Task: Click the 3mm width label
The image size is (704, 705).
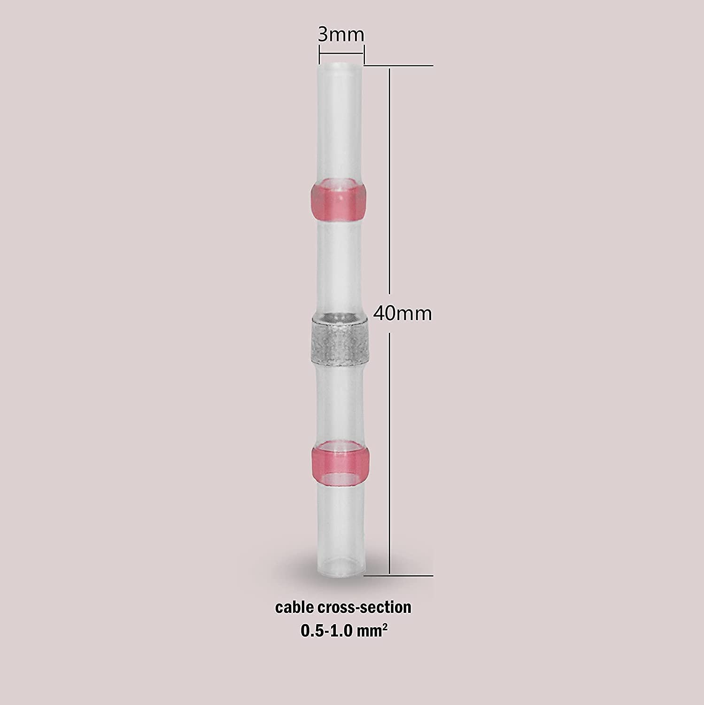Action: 341,34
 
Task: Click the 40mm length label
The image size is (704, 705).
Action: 402,313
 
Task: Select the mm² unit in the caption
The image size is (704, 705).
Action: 376,630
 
